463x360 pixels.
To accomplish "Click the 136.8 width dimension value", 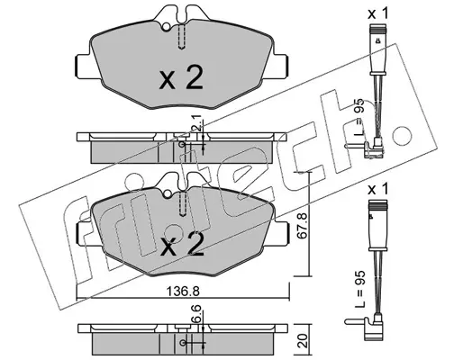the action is click(183, 291).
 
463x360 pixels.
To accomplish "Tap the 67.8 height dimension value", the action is click(302, 226).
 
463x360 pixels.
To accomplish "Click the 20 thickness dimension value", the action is click(304, 341).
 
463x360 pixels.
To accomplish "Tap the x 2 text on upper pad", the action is click(181, 77).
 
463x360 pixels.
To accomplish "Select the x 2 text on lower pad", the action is click(182, 244).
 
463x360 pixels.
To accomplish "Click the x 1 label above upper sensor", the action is click(378, 13).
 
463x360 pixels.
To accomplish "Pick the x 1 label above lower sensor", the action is click(378, 189).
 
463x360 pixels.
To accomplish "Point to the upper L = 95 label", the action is click(359, 117).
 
